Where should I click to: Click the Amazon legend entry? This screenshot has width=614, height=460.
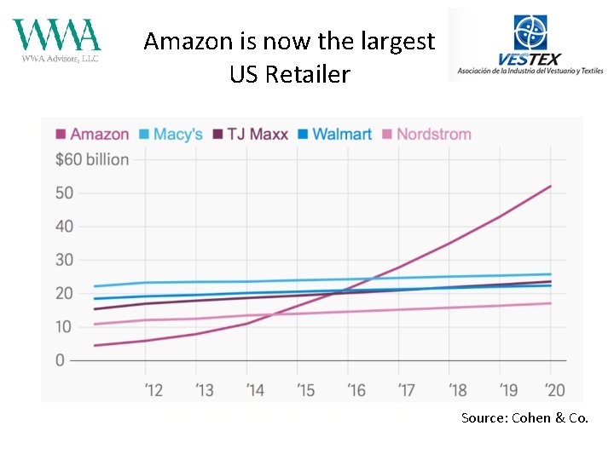coord(92,134)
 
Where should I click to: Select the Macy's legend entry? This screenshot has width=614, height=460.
coord(171,134)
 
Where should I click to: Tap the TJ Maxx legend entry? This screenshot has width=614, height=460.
coord(253,134)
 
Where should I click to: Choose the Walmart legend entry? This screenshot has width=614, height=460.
coord(334,134)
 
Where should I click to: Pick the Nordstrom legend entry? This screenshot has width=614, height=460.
coord(426,134)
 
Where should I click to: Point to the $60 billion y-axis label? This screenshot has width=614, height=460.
coord(92,159)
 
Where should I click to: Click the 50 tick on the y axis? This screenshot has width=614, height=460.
coord(65,193)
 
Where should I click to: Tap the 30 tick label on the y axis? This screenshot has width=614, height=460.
coord(65,260)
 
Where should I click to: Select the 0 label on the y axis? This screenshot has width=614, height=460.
coord(60,360)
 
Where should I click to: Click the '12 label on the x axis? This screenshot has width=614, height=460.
coord(153,390)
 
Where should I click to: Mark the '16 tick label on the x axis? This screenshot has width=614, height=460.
coord(356,390)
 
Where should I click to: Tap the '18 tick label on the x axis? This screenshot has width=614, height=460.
coord(458,390)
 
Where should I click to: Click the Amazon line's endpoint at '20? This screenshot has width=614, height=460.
coord(550,186)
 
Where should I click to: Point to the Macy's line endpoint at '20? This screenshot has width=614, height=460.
coord(550,274)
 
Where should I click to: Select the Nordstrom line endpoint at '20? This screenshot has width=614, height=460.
coord(550,303)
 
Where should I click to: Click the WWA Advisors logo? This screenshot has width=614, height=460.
coord(56,40)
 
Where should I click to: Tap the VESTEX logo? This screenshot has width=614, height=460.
coord(530,44)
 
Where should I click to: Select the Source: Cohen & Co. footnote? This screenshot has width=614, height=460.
coord(524,417)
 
